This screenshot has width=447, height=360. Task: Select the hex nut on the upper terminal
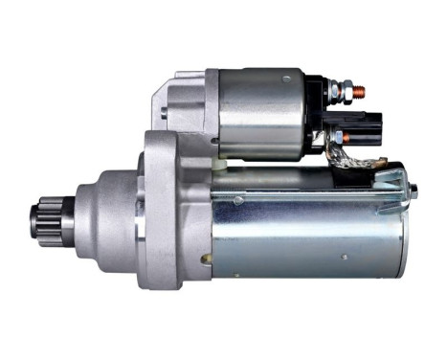tap(338, 93)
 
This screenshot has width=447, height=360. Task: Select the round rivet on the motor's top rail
tap(238, 200)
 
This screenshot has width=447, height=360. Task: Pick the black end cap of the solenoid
tap(317, 115)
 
